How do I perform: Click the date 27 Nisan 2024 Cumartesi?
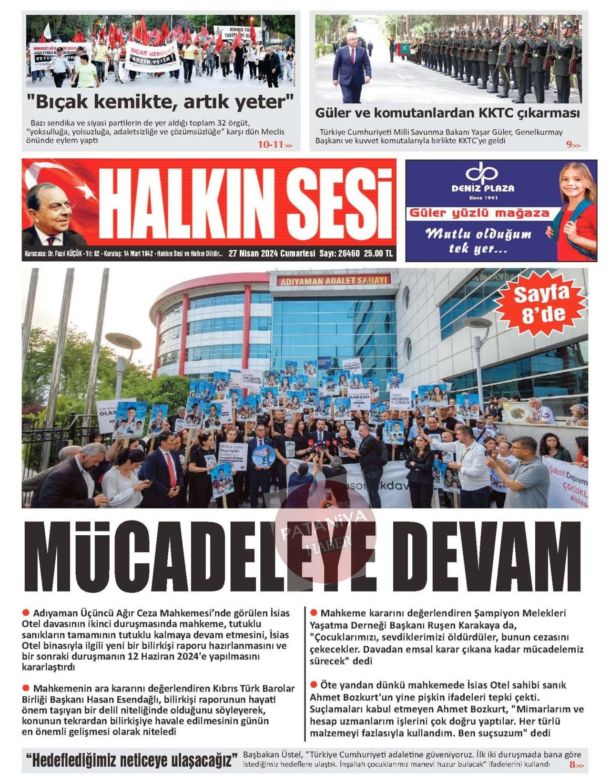click(x=272, y=254)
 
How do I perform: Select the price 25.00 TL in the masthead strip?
click(x=378, y=254)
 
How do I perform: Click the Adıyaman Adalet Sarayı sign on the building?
click(x=333, y=281)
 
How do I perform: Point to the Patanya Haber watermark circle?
click(x=326, y=532)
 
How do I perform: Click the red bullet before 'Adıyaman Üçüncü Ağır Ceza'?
click(x=26, y=612)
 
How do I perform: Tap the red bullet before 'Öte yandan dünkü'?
click(x=314, y=685)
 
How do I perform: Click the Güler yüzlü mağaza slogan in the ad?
click(x=479, y=213)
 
